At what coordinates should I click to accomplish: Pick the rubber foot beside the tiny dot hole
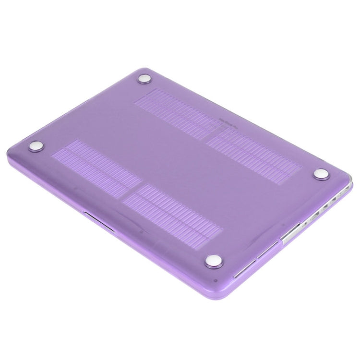[213, 261]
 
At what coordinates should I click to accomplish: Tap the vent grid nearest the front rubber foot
[173, 211]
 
